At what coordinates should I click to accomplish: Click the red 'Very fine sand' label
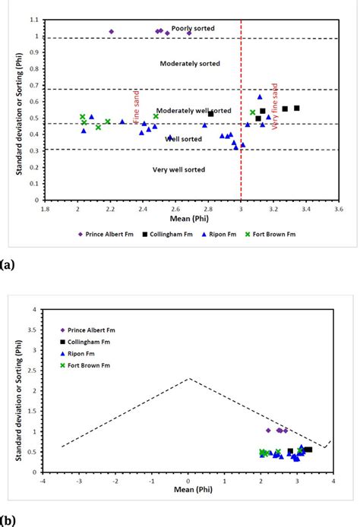click(x=274, y=108)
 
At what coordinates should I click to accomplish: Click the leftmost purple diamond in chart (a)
click(x=112, y=32)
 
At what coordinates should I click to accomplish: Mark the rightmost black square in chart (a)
click(x=297, y=108)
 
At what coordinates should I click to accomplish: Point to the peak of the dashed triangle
click(x=188, y=378)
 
